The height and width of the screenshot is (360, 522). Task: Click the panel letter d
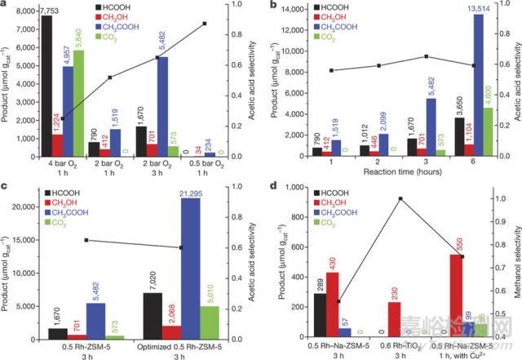click(x=272, y=187)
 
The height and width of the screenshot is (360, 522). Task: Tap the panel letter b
click(x=272, y=6)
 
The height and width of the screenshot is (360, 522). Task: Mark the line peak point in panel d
click(x=401, y=198)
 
